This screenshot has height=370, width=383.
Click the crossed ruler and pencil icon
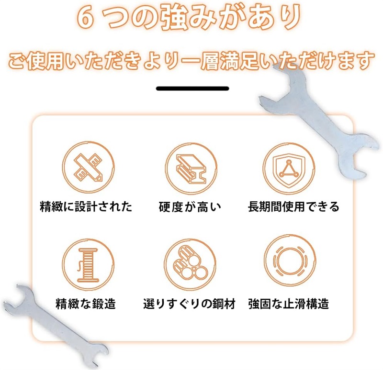(88, 167)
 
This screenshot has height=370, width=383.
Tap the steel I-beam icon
(191, 169)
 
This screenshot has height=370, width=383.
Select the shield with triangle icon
(289, 169)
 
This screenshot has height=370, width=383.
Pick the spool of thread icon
(88, 265)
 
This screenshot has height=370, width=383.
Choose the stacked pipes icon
(190, 265)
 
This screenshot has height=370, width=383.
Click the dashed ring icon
(290, 261)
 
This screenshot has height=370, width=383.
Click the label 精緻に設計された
(86, 207)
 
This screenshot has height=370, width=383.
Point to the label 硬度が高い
(190, 207)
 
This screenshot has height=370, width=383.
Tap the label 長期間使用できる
(293, 207)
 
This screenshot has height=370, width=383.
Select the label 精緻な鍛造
(86, 304)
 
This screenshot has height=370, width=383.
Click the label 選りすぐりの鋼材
(189, 304)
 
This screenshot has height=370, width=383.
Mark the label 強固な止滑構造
(289, 304)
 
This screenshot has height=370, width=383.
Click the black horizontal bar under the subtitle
(192, 88)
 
